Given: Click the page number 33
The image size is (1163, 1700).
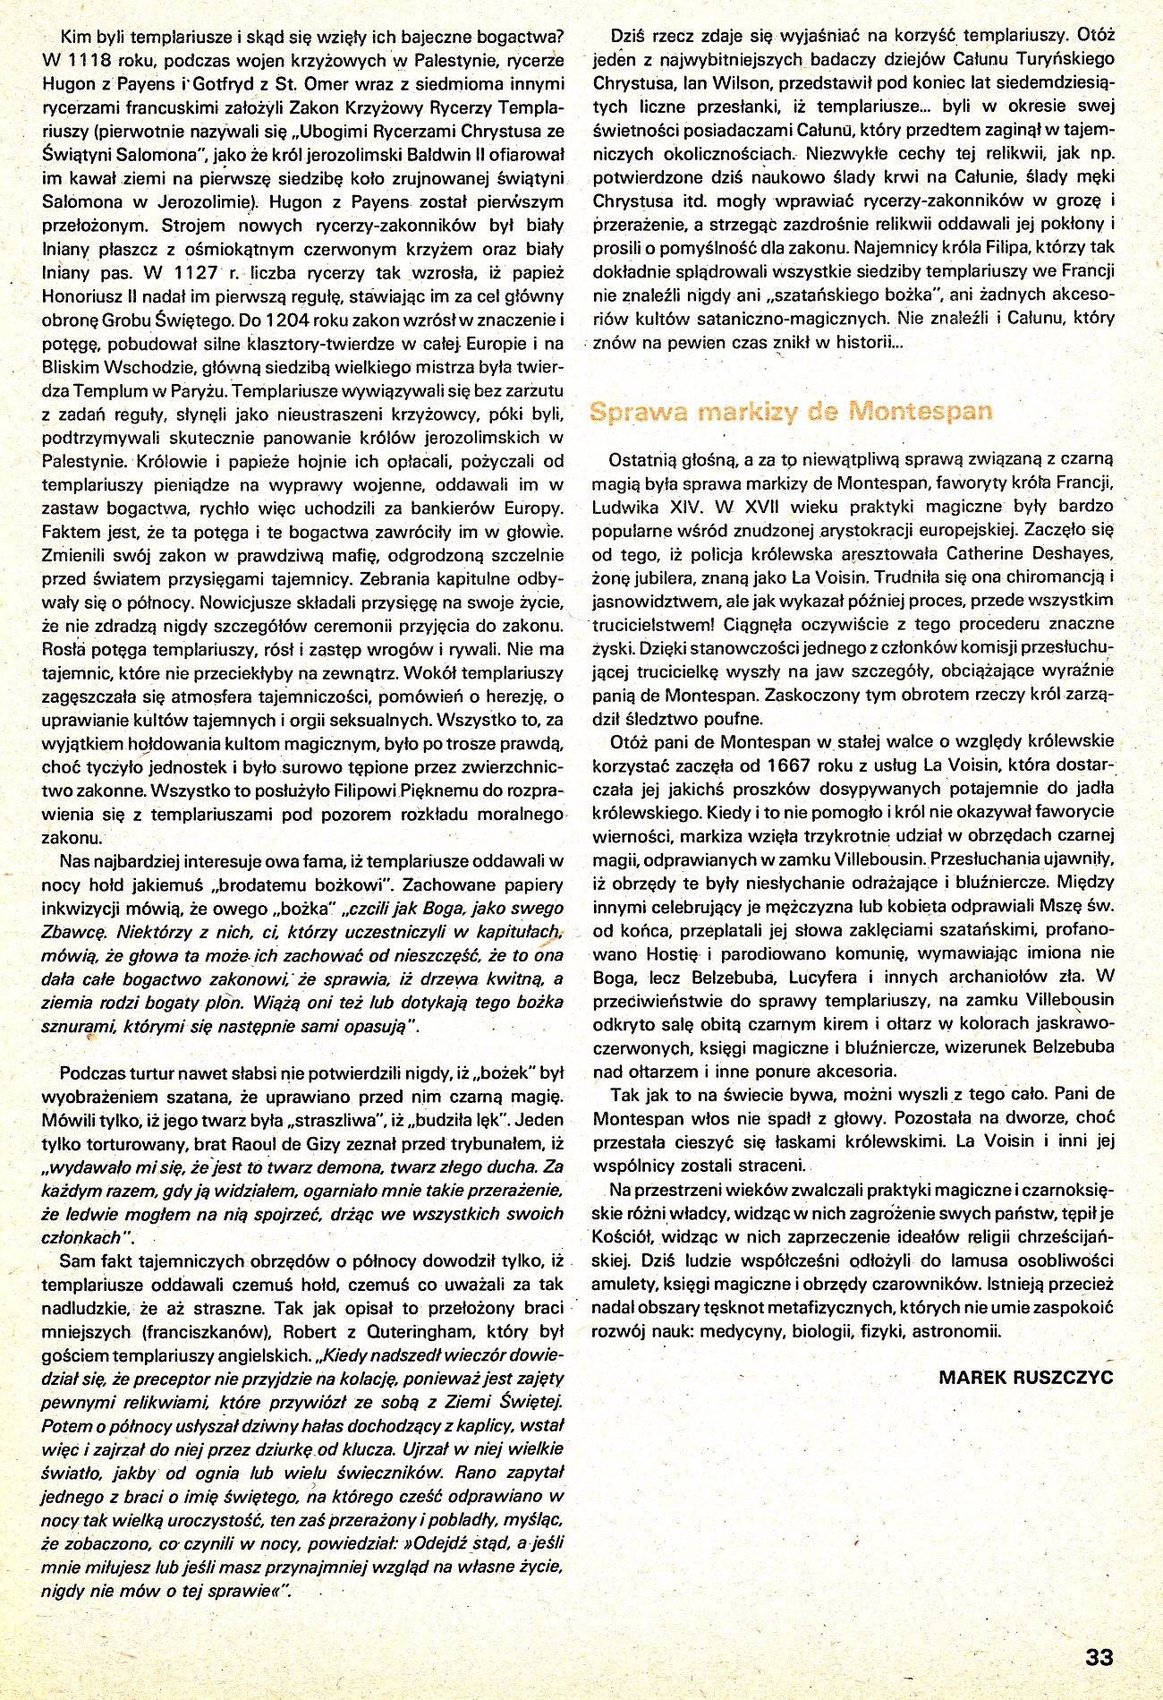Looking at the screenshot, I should click(x=1099, y=1657).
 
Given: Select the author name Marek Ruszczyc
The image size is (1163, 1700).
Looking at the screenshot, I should click(x=1026, y=1377).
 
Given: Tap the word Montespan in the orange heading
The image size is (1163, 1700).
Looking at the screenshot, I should click(x=921, y=411).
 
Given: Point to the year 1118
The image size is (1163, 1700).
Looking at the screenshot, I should click(x=94, y=61).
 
